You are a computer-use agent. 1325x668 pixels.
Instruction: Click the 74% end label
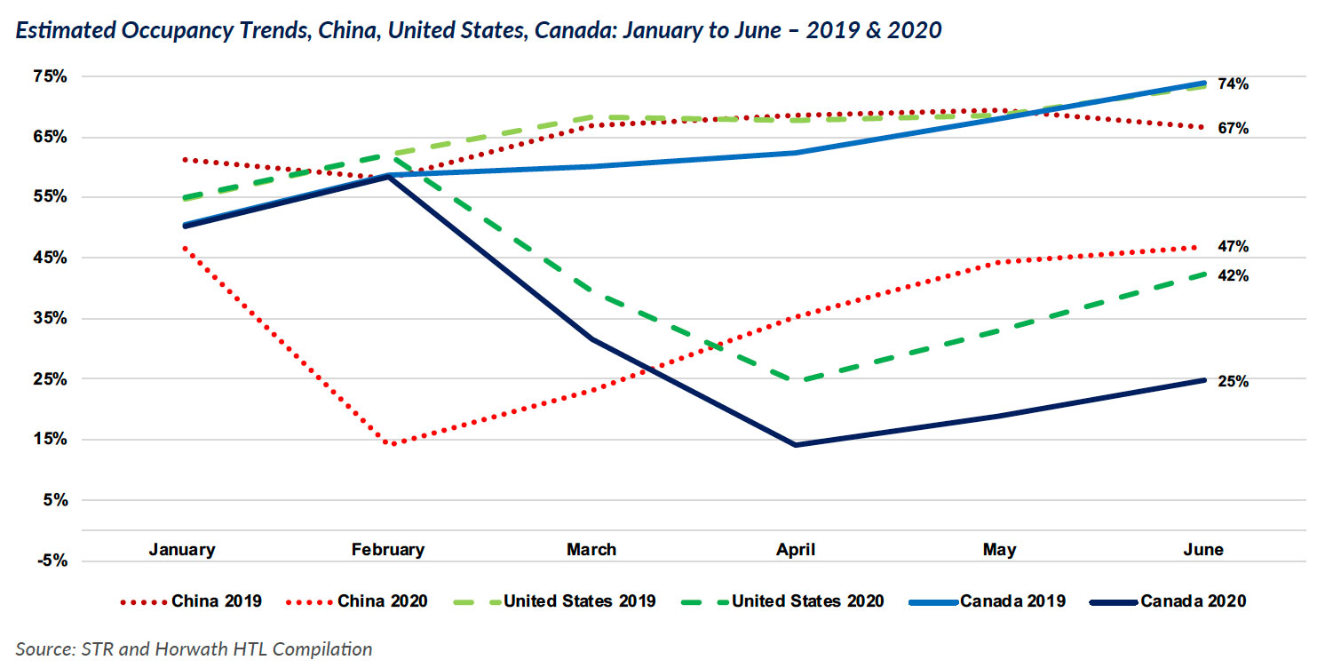click(1234, 84)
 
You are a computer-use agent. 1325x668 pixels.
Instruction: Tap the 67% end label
click(1234, 129)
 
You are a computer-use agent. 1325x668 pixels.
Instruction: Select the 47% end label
click(1234, 247)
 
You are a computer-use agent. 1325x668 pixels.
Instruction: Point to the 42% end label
click(1234, 276)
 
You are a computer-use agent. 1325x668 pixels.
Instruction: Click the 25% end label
click(1234, 382)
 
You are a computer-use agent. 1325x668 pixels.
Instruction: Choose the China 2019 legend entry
click(190, 601)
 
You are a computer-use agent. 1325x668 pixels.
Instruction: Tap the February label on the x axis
click(388, 550)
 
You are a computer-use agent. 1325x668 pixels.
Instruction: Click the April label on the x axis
click(796, 550)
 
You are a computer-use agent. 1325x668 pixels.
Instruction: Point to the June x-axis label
click(1203, 550)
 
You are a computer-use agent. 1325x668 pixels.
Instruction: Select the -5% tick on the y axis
click(52, 561)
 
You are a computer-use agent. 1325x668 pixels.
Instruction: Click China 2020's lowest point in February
click(392, 444)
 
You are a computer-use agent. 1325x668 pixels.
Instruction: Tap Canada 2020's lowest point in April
click(796, 444)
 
